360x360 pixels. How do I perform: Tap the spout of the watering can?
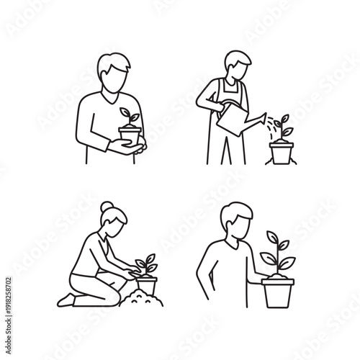pyautogui.click(x=260, y=115)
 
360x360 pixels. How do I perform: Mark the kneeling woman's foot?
pyautogui.click(x=68, y=300)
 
